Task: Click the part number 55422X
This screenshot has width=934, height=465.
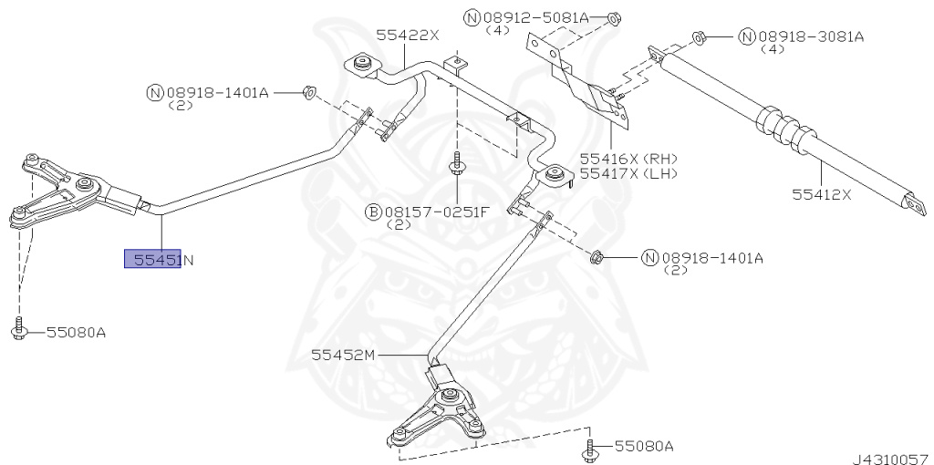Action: coord(407,36)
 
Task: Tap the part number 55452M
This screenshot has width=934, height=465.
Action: coord(343,355)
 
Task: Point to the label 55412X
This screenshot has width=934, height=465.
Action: coord(822,193)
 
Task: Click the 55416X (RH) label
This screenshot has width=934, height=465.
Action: coord(629,159)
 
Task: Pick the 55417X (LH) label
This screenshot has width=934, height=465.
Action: coord(629,173)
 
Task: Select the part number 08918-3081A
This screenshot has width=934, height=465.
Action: coord(811,36)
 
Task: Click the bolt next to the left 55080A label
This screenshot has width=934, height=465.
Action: coord(19,328)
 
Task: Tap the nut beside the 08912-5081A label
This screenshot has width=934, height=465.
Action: coord(612,20)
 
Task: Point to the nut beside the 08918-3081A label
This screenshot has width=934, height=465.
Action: coord(700,38)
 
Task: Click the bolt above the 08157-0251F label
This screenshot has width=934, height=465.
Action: coord(457,164)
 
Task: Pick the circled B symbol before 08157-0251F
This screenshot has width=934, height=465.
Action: coord(373,212)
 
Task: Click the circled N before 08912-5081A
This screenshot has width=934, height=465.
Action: coord(472,18)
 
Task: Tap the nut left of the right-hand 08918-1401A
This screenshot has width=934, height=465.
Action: coord(599,258)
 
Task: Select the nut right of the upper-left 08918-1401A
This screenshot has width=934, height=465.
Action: coord(308,92)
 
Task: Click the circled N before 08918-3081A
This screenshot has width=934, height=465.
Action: coord(747,36)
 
